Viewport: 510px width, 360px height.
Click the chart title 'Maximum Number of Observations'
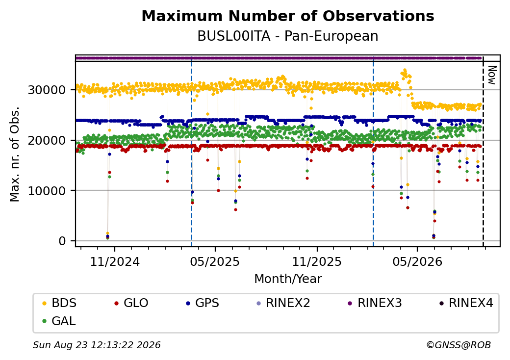click(288, 16)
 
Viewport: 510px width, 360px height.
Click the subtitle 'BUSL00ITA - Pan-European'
click(288, 36)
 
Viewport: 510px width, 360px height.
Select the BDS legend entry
click(60, 303)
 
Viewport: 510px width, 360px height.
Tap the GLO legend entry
click(131, 303)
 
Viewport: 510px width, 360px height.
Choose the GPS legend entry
click(203, 303)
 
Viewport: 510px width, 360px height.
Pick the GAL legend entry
click(59, 321)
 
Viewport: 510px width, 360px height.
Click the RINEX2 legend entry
click(283, 303)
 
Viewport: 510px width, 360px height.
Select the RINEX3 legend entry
click(375, 303)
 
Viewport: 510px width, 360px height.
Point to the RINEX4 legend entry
click(466, 303)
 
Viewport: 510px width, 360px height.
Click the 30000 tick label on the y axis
click(47, 90)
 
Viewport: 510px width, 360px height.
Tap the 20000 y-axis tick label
click(47, 140)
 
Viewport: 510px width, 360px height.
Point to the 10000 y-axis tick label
click(47, 191)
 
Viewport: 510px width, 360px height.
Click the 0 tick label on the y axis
click(62, 241)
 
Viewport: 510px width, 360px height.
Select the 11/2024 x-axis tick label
click(115, 262)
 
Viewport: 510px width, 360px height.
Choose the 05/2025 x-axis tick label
click(215, 262)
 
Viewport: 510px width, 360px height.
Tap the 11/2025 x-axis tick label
click(317, 262)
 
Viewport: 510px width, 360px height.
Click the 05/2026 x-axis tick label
click(417, 262)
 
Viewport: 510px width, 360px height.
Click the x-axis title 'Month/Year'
click(288, 279)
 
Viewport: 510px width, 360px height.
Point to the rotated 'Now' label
click(492, 75)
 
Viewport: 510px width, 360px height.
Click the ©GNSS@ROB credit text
click(459, 345)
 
